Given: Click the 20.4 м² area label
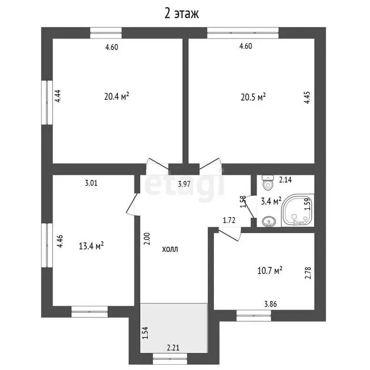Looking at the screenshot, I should pyautogui.click(x=117, y=96).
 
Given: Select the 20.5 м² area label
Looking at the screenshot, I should pyautogui.click(x=253, y=97).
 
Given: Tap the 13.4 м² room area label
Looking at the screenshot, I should pyautogui.click(x=92, y=247).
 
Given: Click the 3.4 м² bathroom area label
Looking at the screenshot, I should pyautogui.click(x=271, y=201).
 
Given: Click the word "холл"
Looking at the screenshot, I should pyautogui.click(x=169, y=249).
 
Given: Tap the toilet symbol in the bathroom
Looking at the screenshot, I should pyautogui.click(x=266, y=183).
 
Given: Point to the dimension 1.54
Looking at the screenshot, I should pyautogui.click(x=145, y=333).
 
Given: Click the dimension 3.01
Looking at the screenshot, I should pyautogui.click(x=92, y=183).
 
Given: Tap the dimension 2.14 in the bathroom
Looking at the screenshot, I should pyautogui.click(x=286, y=180).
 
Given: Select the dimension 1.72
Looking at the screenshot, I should pyautogui.click(x=229, y=221).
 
